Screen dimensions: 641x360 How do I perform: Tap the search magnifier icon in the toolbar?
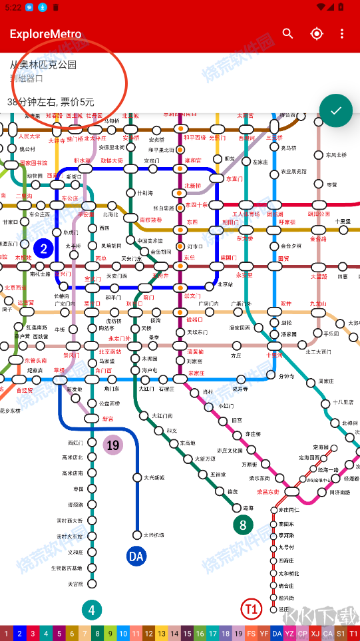[x=287, y=34]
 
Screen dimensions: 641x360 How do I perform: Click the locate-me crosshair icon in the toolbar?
[x=316, y=34]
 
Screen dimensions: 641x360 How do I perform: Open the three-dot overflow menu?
[x=342, y=34]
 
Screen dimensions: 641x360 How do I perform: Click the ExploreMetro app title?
[x=45, y=34]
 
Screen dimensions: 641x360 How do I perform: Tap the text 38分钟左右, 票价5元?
[x=51, y=102]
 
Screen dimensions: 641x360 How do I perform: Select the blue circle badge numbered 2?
[x=44, y=249]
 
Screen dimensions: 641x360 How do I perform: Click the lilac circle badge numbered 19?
[x=113, y=445]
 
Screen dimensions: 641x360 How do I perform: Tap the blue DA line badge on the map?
[x=136, y=556]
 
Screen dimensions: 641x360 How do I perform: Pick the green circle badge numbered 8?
[x=243, y=525]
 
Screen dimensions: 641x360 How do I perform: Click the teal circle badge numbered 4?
[x=92, y=609]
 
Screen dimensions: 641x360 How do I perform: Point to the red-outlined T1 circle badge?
[x=251, y=608]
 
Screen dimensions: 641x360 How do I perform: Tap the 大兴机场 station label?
[x=154, y=535]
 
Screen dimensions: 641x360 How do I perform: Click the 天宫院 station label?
[x=75, y=584]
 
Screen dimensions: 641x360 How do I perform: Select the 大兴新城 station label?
[x=154, y=477]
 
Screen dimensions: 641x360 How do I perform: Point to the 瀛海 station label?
[x=248, y=508]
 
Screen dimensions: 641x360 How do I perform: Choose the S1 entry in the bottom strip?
[x=341, y=634]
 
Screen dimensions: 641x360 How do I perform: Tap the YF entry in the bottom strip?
[x=264, y=634]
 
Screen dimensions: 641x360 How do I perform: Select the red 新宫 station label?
[x=108, y=419]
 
